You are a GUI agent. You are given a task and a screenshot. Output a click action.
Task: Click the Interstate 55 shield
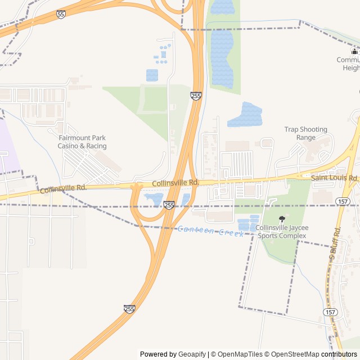[61, 14]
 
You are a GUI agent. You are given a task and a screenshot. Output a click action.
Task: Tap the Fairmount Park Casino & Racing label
[83, 142]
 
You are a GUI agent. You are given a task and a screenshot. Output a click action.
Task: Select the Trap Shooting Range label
[305, 133]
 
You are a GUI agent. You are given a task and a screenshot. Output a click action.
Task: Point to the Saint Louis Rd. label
[335, 178]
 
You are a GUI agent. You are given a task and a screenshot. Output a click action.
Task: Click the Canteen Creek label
[211, 231]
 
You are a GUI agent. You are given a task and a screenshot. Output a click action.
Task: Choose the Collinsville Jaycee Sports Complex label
[281, 231]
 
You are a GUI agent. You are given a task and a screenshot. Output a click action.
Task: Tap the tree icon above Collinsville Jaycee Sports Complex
[282, 219]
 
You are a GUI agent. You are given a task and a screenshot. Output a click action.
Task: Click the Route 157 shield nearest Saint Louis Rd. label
[342, 201]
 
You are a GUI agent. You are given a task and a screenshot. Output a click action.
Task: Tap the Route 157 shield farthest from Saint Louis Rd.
[330, 312]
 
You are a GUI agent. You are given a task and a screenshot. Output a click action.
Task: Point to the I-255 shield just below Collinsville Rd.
[169, 205]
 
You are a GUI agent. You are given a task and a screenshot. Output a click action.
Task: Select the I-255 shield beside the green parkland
[196, 96]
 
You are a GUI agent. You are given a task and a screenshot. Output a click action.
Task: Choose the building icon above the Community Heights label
[354, 51]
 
